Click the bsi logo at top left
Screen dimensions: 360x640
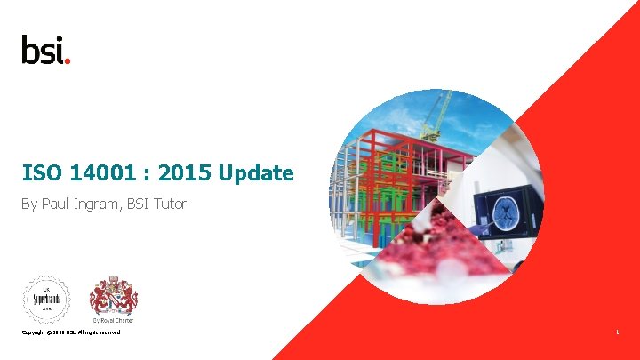click(x=45, y=50)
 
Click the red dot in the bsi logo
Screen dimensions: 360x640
click(x=68, y=60)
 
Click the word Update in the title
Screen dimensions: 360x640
click(x=259, y=173)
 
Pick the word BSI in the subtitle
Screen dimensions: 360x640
click(x=138, y=204)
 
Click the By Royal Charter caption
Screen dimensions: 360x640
click(x=113, y=320)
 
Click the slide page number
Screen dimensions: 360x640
click(x=617, y=332)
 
